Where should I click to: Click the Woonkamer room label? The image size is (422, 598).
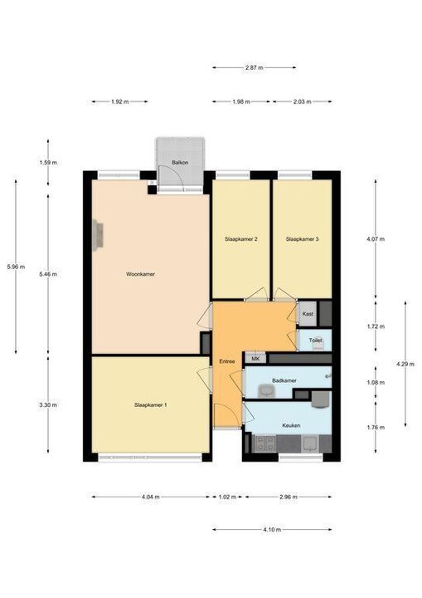click(140, 274)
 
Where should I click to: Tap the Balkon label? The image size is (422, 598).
click(180, 163)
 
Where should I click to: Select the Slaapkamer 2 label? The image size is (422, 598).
click(240, 239)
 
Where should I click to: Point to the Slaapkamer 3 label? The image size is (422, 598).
click(302, 239)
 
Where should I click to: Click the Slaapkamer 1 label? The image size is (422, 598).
click(150, 404)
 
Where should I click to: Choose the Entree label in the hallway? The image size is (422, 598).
click(227, 361)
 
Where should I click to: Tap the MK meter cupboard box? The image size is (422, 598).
click(255, 359)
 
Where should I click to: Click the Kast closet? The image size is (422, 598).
click(308, 314)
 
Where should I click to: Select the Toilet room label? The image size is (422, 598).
click(315, 341)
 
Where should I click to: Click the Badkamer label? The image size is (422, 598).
click(284, 380)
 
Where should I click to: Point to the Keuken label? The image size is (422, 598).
click(291, 425)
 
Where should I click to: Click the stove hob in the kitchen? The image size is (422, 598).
click(264, 444)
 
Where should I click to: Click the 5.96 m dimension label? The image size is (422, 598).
click(16, 267)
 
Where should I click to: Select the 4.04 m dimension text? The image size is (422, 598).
click(150, 497)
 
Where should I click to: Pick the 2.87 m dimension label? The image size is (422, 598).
click(254, 67)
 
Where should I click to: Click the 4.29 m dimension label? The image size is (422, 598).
click(405, 364)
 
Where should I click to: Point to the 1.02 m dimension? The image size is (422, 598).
click(227, 497)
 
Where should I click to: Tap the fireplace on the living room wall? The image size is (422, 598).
click(98, 235)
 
